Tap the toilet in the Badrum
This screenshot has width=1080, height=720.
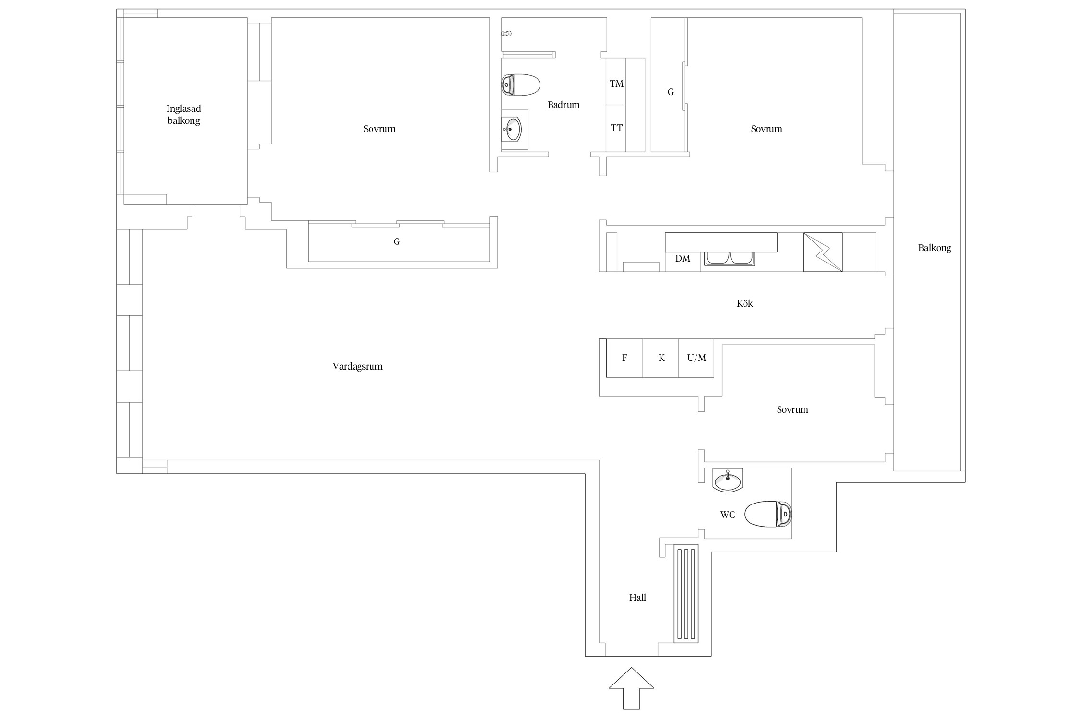(521, 85)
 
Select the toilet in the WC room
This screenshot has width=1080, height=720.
(768, 514)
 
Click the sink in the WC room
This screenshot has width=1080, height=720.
(728, 480)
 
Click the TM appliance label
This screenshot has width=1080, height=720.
(616, 84)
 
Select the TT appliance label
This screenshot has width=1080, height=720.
(616, 128)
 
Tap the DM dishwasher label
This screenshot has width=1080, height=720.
(683, 259)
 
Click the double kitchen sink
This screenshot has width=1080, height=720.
(730, 259)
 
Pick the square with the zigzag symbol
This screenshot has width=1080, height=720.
(823, 252)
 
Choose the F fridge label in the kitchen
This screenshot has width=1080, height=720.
(624, 358)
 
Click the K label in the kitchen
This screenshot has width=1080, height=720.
(661, 358)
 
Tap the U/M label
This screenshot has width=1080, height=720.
(696, 358)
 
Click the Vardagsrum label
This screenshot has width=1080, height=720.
(358, 367)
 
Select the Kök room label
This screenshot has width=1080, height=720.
(744, 303)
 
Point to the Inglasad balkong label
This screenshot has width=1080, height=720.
(184, 115)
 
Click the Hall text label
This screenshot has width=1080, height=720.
(637, 598)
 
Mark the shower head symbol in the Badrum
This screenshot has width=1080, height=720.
(506, 34)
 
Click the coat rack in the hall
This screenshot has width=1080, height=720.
(686, 593)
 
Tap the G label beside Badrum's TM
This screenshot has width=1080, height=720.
(671, 92)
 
